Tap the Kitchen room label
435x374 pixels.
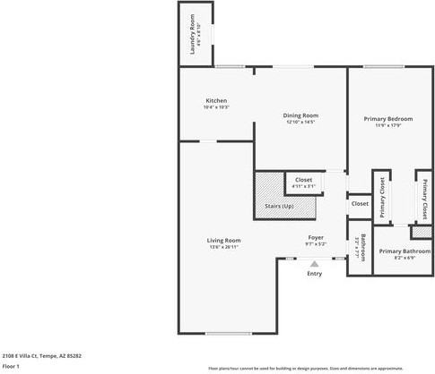[x=216, y=100]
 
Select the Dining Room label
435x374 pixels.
[x=301, y=115]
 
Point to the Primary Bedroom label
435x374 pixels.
[x=387, y=118]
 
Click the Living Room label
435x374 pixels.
[x=223, y=240]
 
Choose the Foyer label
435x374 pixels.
[x=316, y=237]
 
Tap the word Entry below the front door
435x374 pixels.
[x=314, y=273]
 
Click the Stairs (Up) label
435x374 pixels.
[x=279, y=207]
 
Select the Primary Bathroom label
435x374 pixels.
[x=399, y=251]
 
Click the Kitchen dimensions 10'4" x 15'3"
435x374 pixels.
[x=216, y=107]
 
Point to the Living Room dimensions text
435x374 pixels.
[x=223, y=247]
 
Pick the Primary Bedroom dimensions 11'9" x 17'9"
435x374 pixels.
[x=387, y=125]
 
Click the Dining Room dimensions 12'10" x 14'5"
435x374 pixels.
[x=301, y=122]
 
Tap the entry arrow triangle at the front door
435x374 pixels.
[x=314, y=263]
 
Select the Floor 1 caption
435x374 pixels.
[x=11, y=366]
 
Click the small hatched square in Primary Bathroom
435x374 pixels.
[x=418, y=233]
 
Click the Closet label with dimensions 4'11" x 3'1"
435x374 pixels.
[x=304, y=180]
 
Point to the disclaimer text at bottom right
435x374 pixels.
[x=318, y=368]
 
